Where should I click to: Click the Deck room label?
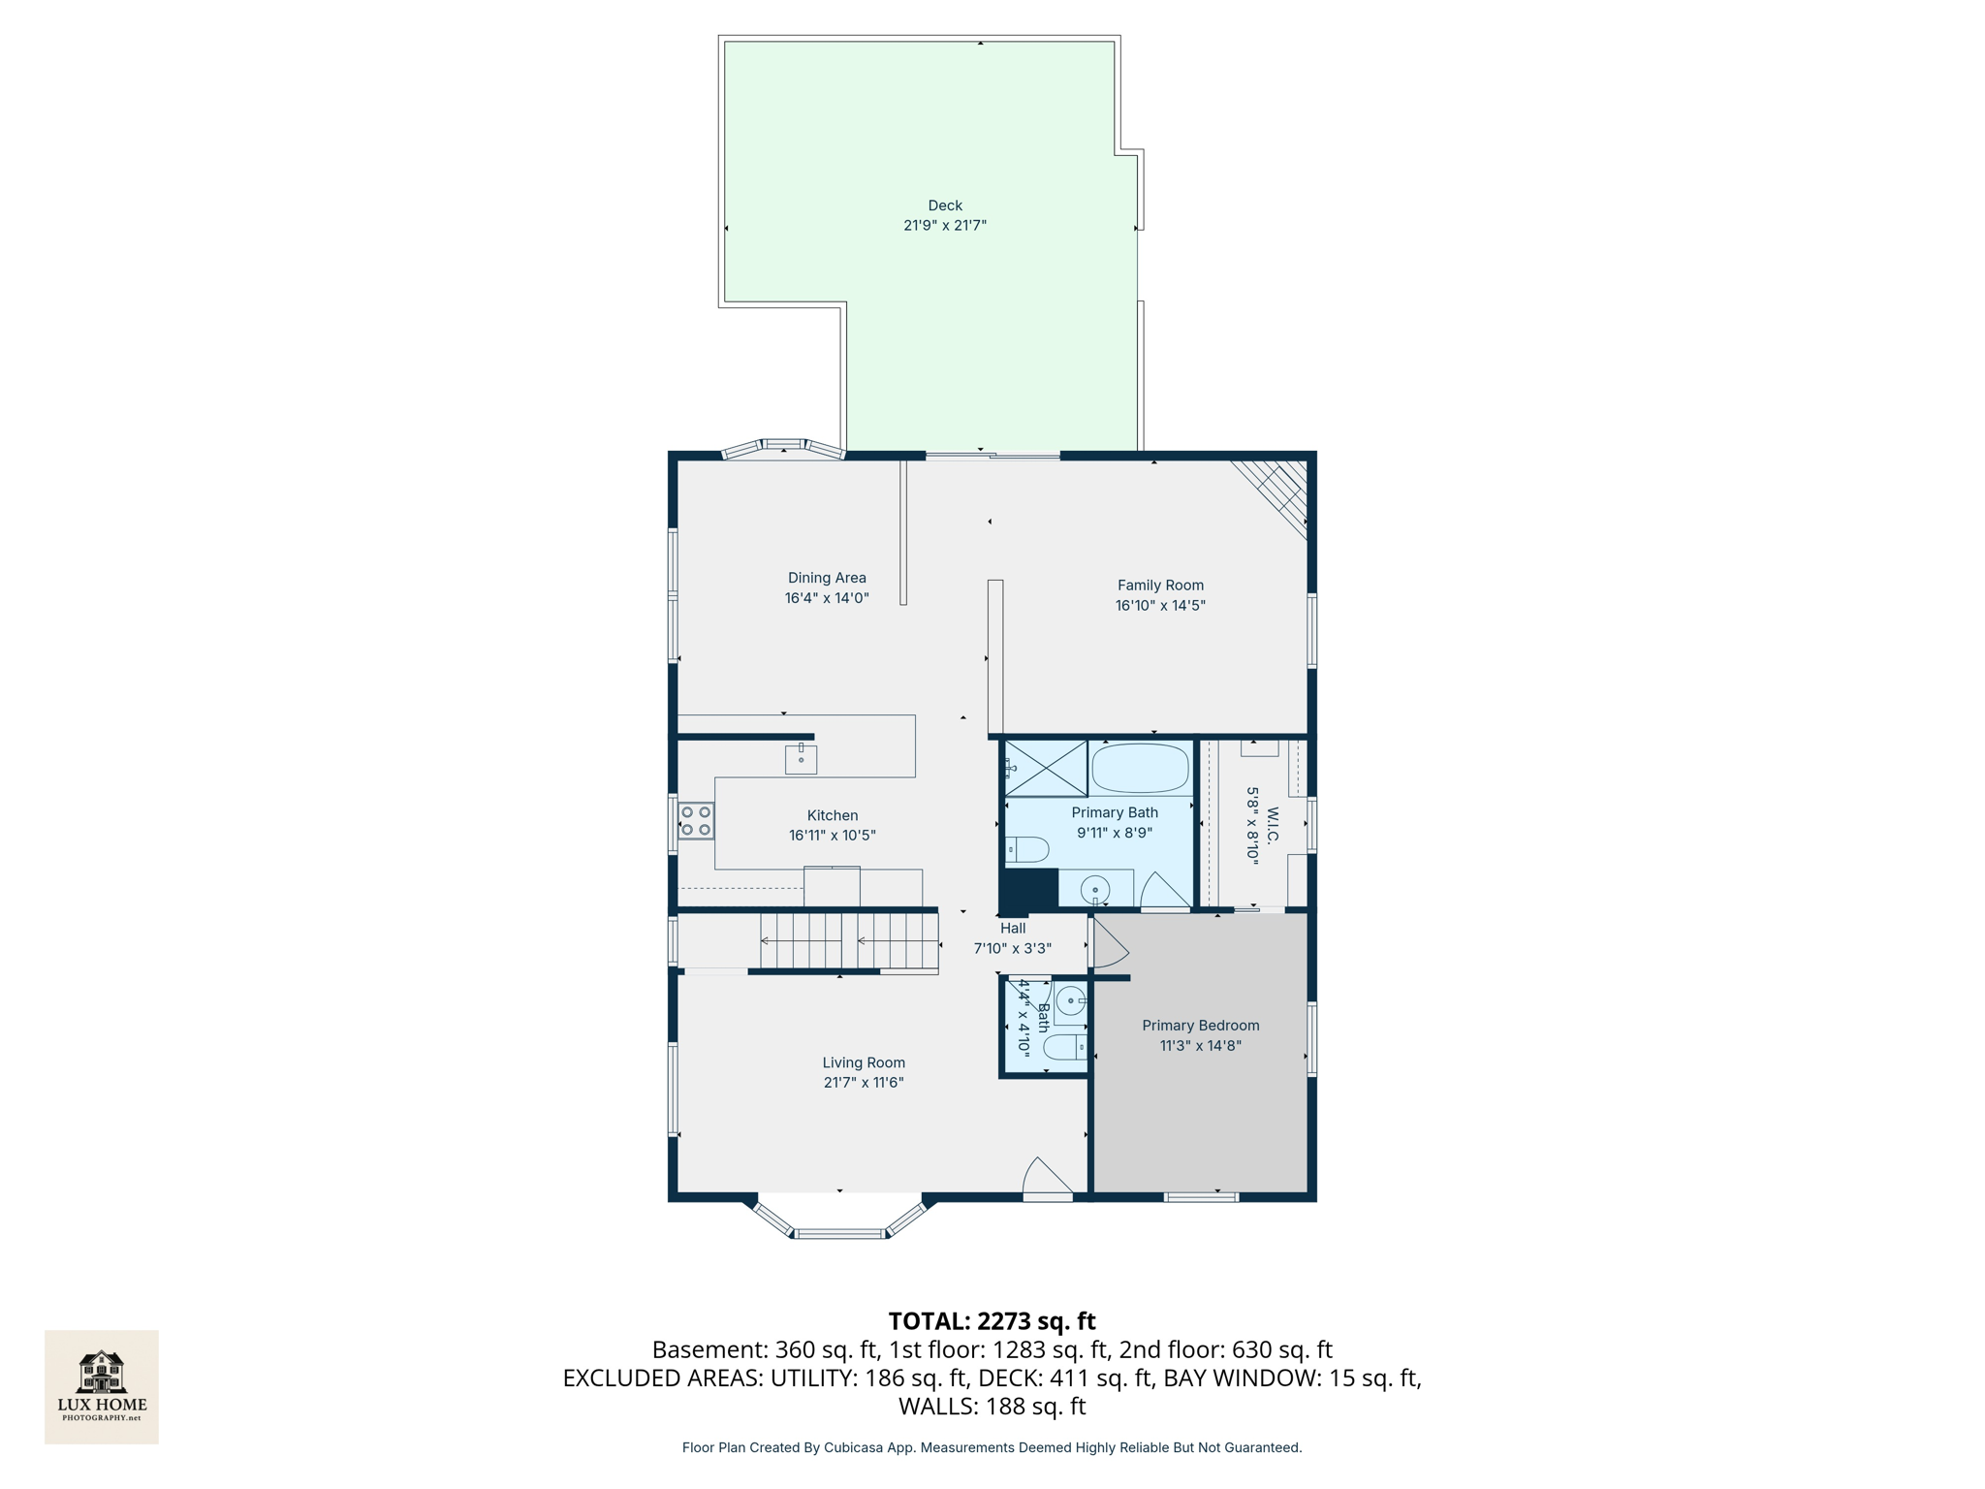coord(944,206)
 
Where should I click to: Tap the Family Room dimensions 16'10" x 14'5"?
coord(1159,606)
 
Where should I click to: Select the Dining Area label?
coord(826,578)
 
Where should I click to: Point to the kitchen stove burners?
coord(696,821)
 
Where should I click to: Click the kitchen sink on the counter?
coord(801,759)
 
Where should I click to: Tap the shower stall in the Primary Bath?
coord(1046,769)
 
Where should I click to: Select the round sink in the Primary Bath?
coord(1095,887)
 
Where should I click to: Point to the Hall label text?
coord(1012,929)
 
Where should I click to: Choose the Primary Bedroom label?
coord(1200,1026)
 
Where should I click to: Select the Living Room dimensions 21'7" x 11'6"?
coord(863,1083)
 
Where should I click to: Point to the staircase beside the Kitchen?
coord(849,940)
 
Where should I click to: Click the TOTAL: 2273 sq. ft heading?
coord(992,1321)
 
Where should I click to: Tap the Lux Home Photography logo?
coord(102,1386)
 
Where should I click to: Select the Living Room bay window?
coord(839,1220)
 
